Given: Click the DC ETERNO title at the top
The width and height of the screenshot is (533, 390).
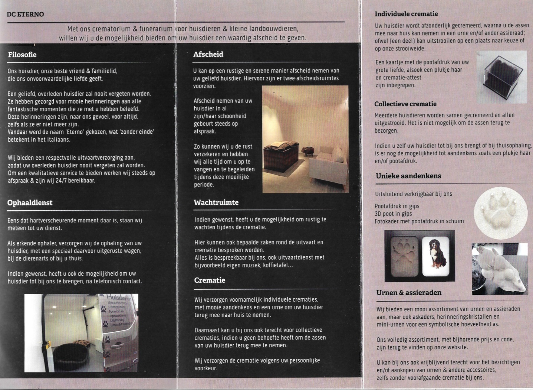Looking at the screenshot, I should coord(25,14).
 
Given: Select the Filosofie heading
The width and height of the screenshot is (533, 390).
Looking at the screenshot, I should coord(22,55).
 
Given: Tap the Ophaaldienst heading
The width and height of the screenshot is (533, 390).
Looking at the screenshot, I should coord(30,203).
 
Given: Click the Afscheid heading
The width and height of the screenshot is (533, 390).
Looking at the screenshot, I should coord(208,54).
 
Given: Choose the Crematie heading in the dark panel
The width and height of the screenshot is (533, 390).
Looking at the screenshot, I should coord(210,280).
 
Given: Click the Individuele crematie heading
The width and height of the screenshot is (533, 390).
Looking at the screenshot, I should coord(406,14).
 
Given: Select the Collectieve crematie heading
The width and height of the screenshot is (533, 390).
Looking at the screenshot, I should coord(405,104).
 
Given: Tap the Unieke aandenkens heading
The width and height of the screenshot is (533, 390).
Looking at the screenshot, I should coord(408,176).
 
